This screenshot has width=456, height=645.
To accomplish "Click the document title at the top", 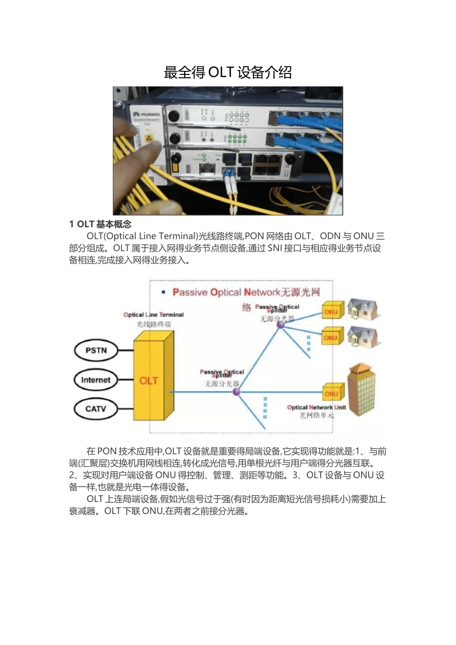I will pos(228,72).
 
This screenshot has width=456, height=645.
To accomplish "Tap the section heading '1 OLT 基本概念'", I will pos(100,224).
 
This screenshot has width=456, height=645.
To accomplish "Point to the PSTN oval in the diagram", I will pos(96,350).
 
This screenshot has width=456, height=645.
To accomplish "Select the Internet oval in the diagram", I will pos(96,380).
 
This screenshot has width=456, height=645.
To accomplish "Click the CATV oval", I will pos(96,409).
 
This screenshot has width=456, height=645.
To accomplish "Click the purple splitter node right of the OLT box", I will pos(236,392).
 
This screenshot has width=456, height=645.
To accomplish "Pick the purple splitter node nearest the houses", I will pos(281,325).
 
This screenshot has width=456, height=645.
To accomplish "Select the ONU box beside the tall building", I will pos(332,394).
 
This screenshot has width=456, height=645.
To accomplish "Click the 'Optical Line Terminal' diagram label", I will pos(154,315).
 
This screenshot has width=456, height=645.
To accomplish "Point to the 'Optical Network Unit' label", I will pos(316,407).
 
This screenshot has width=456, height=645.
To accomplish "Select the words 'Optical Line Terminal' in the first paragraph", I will pos(150,236).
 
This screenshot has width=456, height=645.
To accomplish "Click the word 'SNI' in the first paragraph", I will pos(275,248).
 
